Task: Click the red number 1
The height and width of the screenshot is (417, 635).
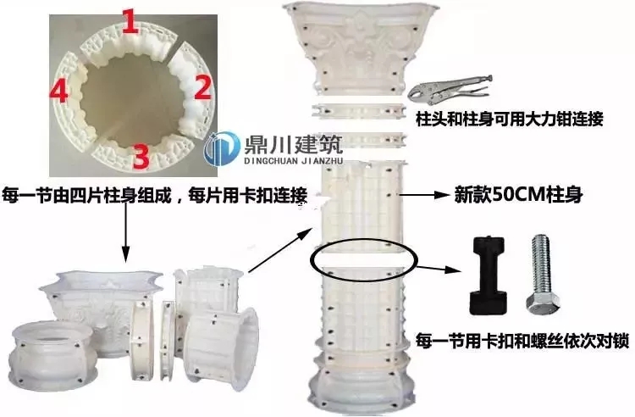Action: [x=129, y=22]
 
